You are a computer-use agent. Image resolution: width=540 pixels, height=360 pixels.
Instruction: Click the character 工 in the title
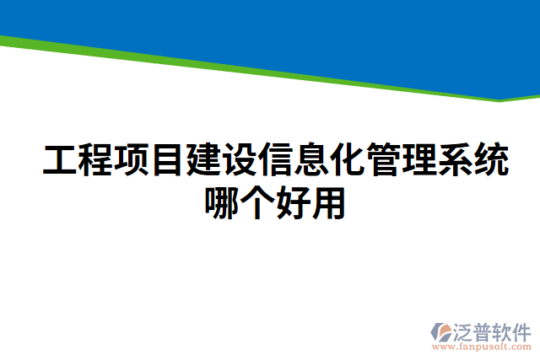pyautogui.click(x=60, y=161)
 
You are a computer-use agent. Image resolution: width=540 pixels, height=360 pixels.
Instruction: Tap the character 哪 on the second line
pyautogui.click(x=223, y=202)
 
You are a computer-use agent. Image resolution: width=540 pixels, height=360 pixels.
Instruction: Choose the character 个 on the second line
pyautogui.click(x=259, y=202)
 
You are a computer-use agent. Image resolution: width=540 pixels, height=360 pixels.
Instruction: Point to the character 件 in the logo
pyautogui.click(x=523, y=331)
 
